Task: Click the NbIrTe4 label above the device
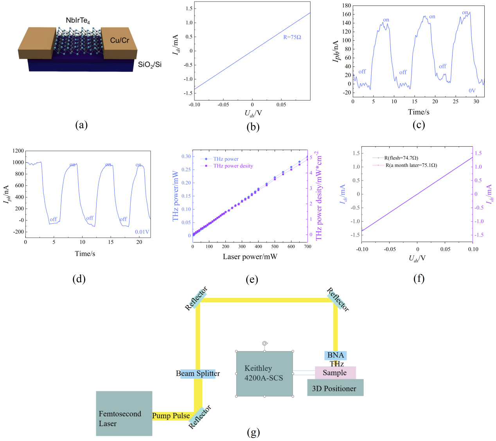point(78,21)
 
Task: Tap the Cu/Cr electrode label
point(119,40)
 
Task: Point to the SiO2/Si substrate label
point(150,65)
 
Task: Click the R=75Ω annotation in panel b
point(292,38)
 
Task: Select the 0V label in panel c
point(472,91)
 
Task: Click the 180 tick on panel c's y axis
point(346,6)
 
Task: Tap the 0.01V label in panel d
point(142,232)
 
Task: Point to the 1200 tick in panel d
point(18,151)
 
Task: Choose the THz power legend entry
point(226,159)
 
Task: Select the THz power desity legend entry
point(233,166)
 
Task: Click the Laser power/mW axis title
point(250,256)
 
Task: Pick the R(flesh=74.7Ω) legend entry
point(401,158)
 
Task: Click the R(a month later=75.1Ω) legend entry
point(411,165)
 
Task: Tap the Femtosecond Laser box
point(124,413)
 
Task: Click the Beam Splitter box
point(198,374)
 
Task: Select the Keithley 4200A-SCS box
point(264,373)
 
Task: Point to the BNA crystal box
point(336,355)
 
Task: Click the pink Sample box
point(335,373)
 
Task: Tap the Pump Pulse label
point(171,416)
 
